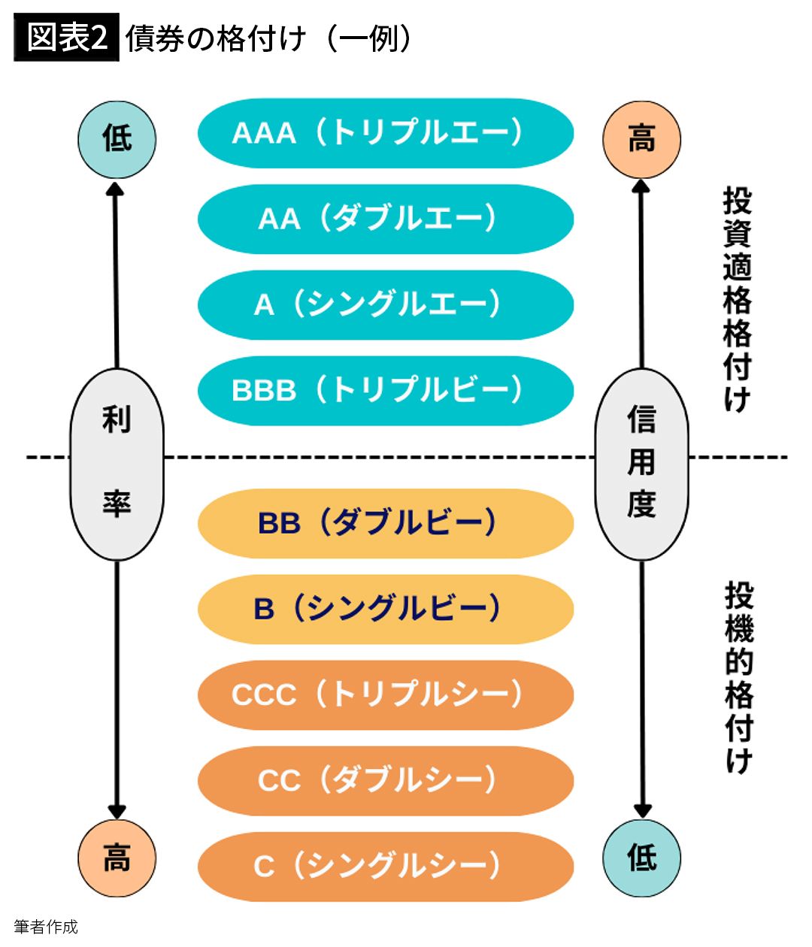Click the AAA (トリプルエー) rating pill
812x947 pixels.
click(385, 133)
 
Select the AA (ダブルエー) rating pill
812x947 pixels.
click(385, 219)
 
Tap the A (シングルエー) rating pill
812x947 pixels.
click(385, 304)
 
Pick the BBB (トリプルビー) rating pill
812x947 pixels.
click(385, 390)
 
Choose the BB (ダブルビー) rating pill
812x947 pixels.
click(385, 523)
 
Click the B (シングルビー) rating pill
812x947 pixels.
click(385, 609)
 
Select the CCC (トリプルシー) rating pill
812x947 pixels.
click(385, 694)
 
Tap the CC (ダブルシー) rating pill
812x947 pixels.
click(385, 780)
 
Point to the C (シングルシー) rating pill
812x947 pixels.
click(385, 866)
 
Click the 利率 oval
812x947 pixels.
click(117, 464)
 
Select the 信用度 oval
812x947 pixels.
click(641, 464)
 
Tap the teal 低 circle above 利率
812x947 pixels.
click(117, 140)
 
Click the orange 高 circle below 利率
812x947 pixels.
click(117, 858)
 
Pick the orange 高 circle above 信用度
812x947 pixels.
click(641, 140)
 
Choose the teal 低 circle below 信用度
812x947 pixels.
click(641, 858)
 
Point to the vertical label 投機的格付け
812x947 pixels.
click(738, 676)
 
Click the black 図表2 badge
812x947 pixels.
click(66, 38)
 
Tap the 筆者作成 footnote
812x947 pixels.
click(46, 927)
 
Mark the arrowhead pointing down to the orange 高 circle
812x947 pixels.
click(117, 811)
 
